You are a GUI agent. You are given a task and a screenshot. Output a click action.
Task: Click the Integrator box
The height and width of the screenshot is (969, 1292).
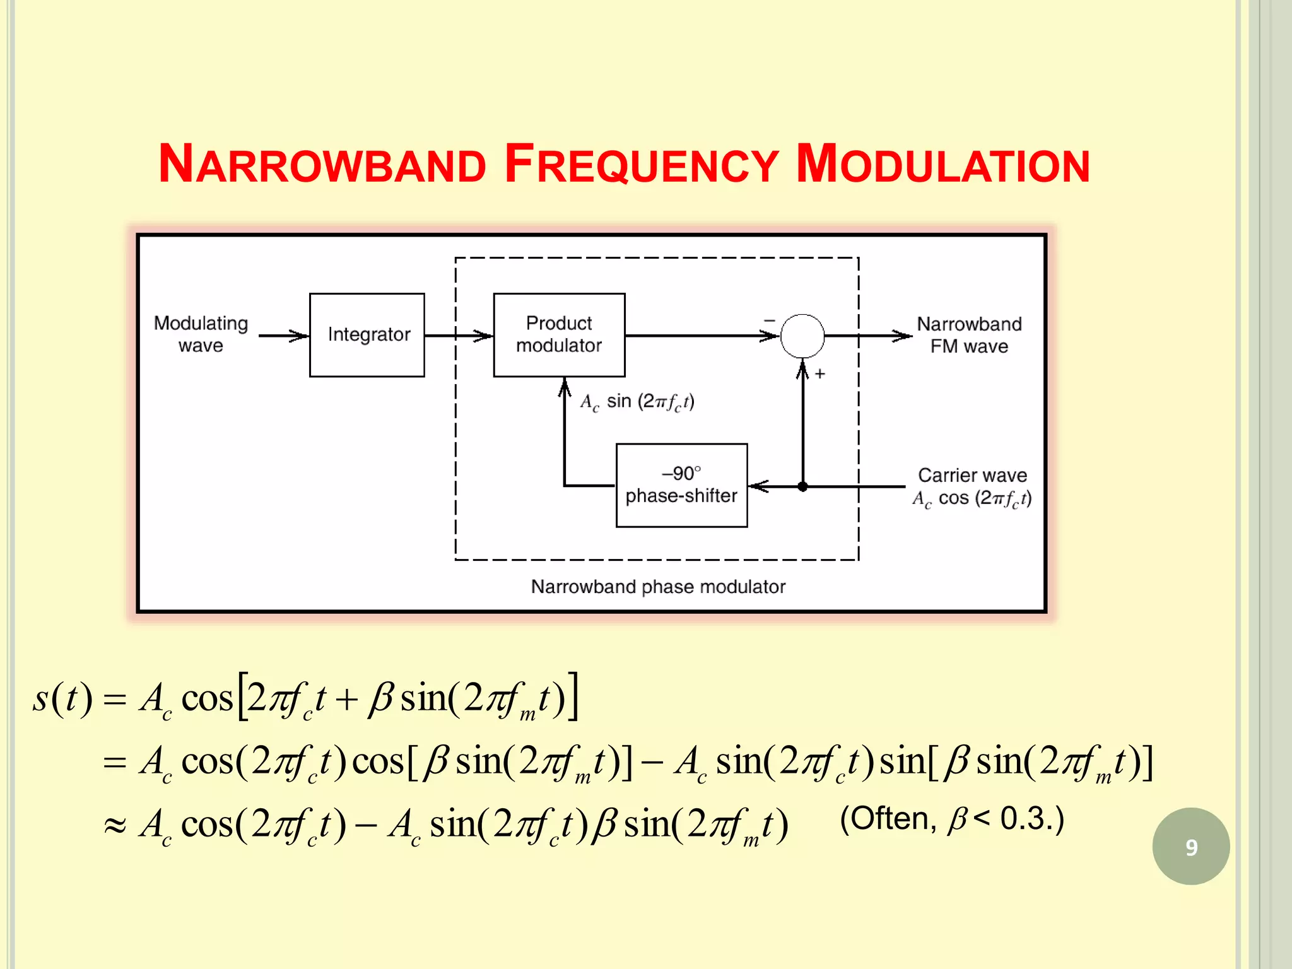pos(367,335)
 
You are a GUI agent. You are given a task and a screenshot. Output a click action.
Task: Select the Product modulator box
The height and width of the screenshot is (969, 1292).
pos(559,335)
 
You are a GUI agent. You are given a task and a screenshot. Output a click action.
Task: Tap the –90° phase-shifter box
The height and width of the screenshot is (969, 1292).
pos(681,485)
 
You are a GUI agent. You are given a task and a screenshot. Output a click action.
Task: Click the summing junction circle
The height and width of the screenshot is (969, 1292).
pos(802,336)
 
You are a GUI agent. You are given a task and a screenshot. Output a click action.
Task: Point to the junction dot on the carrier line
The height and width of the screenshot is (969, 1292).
pos(802,486)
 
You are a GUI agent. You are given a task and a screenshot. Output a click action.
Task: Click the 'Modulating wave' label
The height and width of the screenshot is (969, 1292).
pos(201,334)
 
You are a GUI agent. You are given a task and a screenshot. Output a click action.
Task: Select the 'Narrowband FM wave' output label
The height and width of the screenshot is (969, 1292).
pos(969,335)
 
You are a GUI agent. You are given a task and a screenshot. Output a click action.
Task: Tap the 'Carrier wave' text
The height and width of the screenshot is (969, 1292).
pos(972,475)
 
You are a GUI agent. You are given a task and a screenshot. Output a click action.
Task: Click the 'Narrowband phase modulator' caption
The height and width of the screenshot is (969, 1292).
pos(658,587)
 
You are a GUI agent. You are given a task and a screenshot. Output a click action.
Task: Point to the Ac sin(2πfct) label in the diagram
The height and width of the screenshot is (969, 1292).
pos(637,402)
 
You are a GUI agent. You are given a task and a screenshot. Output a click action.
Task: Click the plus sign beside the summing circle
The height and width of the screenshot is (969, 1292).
pos(819,374)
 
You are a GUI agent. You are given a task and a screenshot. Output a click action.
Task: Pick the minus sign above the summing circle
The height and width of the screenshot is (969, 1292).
pos(770,320)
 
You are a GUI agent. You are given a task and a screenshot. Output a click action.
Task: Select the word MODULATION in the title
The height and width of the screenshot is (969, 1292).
pos(943,165)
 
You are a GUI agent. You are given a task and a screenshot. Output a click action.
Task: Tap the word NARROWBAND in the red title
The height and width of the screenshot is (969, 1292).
pos(322,165)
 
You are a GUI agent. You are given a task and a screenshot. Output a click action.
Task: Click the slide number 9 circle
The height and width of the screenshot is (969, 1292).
pos(1190,847)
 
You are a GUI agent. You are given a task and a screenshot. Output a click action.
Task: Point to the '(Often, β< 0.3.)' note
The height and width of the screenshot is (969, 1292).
pos(952,819)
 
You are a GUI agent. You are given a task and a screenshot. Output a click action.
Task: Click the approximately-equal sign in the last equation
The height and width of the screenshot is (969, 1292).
pos(115,825)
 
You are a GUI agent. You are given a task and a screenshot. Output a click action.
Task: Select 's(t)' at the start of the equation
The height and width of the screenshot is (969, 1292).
pos(62,698)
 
